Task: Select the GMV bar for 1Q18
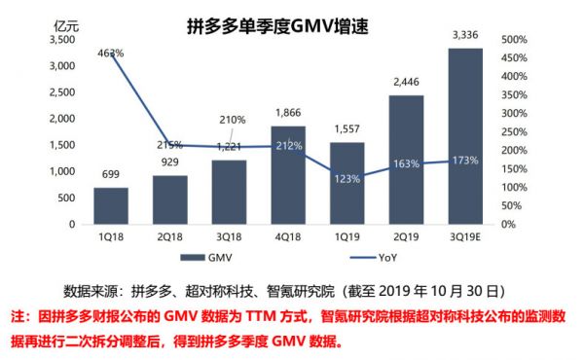pyautogui.click(x=110, y=205)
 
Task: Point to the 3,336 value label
pyautogui.click(x=464, y=36)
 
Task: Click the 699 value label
pyautogui.click(x=110, y=175)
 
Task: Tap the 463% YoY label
pyautogui.click(x=110, y=54)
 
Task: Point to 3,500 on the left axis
pyautogui.click(x=59, y=40)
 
